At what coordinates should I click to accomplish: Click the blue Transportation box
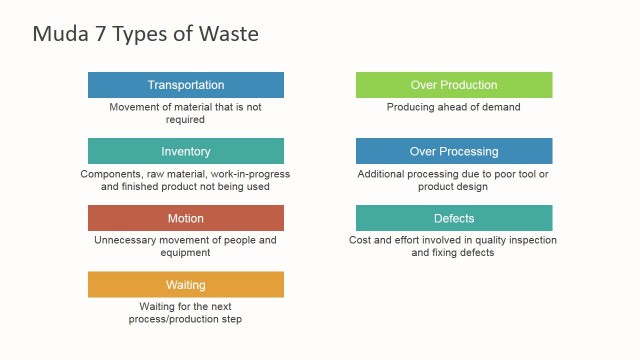(186, 85)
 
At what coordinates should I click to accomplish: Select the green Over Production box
(454, 85)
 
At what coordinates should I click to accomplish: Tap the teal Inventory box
(186, 151)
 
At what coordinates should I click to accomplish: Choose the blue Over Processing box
(454, 151)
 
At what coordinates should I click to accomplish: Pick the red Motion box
(186, 218)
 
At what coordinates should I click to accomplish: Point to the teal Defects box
(454, 218)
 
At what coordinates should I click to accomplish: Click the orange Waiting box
(186, 285)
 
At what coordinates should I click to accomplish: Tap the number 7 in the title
(97, 34)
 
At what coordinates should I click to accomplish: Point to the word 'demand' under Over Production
(499, 107)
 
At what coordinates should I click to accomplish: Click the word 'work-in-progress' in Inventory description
(250, 174)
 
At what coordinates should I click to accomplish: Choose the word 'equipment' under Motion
(186, 253)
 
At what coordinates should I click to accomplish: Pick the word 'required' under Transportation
(186, 119)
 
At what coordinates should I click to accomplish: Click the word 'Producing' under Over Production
(412, 107)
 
